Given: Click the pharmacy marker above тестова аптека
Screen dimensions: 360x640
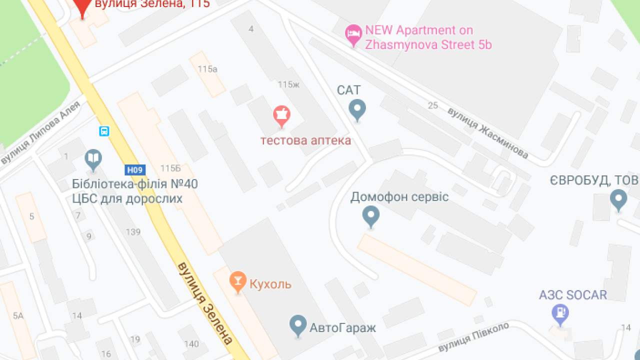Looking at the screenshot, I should point(281,115).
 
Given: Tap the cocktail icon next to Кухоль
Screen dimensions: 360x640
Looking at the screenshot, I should point(237,281).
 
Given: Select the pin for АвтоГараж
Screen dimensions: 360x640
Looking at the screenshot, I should point(298,325).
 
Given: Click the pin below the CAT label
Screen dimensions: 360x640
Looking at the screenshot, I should point(356,109).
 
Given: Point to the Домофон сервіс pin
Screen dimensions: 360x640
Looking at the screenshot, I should point(370,216).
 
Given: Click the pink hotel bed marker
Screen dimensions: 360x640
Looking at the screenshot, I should point(353,34).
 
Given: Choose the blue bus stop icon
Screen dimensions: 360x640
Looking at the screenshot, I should point(104,131).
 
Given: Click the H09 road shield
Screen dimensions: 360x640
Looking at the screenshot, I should point(134,170).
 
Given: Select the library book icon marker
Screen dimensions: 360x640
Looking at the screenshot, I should point(93,159).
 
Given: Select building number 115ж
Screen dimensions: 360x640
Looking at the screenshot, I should point(288,84).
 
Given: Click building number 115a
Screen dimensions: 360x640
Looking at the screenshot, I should point(207,69).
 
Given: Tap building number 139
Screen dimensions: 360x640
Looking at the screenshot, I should point(133,232).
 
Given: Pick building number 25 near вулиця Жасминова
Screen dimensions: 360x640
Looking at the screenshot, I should point(432,105).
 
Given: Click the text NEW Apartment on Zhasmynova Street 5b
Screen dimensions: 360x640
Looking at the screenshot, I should point(428,37).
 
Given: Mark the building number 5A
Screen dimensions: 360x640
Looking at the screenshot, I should point(18,315).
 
